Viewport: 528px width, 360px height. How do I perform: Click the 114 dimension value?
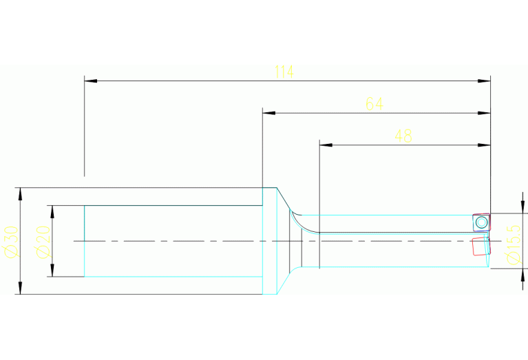284,72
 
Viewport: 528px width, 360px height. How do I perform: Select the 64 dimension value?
374,104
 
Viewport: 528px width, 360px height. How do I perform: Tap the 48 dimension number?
403,136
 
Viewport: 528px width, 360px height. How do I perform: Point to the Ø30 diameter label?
10,240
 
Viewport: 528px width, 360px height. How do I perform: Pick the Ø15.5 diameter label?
512,243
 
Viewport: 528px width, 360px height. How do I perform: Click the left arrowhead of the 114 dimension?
89,81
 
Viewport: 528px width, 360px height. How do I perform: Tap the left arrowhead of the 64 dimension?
268,112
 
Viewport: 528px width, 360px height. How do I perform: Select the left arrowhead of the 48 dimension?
326,145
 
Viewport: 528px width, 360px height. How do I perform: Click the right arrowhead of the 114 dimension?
485,81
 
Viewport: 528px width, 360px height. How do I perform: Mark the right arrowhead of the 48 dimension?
485,145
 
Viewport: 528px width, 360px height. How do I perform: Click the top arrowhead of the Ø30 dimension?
20,192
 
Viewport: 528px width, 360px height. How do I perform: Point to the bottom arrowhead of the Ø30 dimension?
20,289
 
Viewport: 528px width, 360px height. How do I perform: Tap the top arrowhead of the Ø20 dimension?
52,210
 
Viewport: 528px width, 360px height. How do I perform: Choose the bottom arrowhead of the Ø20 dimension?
52,272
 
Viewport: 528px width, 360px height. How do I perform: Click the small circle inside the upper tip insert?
481,222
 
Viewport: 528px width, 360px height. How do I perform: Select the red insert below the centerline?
479,246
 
